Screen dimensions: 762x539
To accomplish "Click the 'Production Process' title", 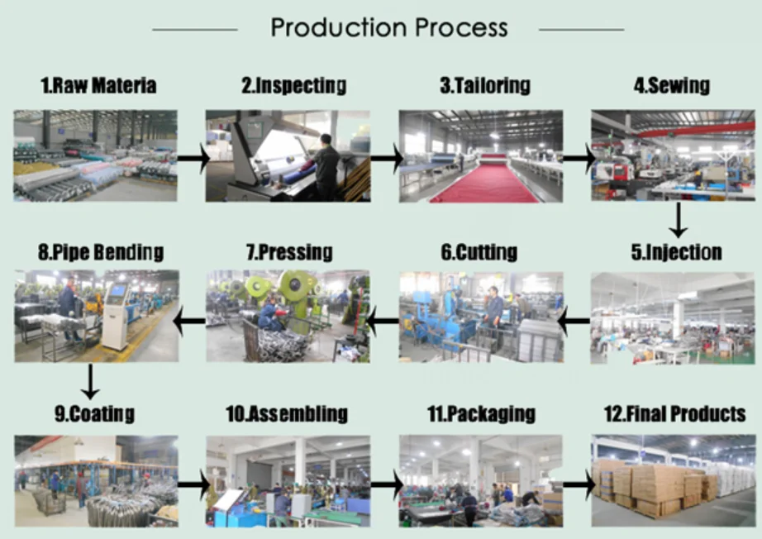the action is tap(388, 28).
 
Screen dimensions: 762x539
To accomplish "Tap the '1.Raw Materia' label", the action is tap(98, 85).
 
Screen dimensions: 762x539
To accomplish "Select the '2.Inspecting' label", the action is tap(293, 85).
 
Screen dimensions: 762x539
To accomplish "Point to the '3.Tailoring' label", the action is tap(484, 85).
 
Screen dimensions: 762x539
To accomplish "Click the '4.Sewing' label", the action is tap(671, 85).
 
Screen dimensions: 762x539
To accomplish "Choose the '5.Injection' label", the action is tap(676, 252).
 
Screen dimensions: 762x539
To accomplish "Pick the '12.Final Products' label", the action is tap(674, 413).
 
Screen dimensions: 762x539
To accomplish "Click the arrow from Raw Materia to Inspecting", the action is tap(193, 157).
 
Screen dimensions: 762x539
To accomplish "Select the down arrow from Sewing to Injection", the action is tap(678, 219).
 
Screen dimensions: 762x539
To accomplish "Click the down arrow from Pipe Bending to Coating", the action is tap(91, 381).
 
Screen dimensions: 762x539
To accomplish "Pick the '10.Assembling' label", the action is tap(287, 413).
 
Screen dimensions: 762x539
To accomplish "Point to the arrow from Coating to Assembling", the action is tap(193, 481).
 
